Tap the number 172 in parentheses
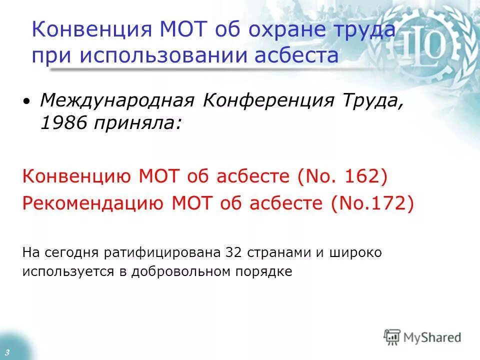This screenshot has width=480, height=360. [389, 203]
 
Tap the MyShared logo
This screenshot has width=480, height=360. [422, 337]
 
